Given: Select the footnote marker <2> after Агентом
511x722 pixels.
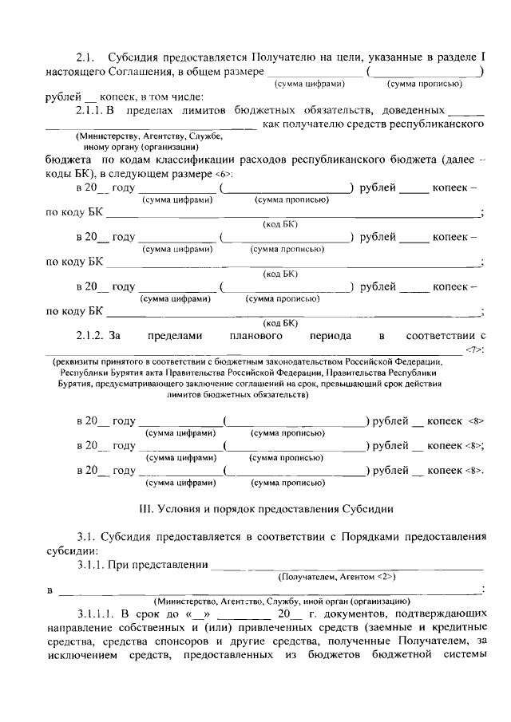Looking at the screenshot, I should point(389,575).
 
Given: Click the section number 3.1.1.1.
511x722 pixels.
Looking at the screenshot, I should point(97,613).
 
